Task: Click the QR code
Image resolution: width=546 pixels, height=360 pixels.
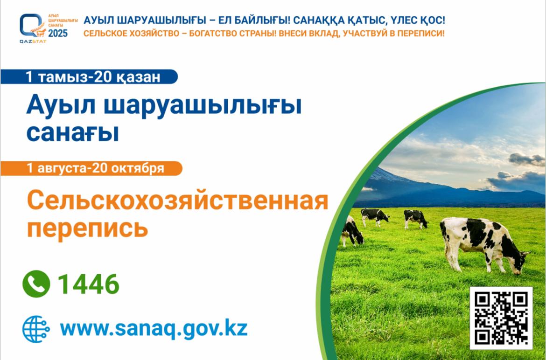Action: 501,318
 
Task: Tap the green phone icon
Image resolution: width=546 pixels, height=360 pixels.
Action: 36,284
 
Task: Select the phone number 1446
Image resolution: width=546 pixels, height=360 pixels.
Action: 89,284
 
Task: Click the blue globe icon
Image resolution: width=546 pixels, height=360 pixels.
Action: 36,329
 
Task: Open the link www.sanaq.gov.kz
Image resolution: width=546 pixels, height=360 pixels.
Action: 154,328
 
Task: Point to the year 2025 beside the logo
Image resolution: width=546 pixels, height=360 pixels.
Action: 58,34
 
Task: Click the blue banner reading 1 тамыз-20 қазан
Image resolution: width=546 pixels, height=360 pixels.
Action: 89,76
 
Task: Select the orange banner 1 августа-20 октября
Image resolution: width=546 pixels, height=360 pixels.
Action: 91,168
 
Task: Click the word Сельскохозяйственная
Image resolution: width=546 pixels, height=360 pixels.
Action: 178,201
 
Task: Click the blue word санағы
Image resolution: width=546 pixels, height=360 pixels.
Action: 73,133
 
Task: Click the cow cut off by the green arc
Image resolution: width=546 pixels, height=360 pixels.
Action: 352,231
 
